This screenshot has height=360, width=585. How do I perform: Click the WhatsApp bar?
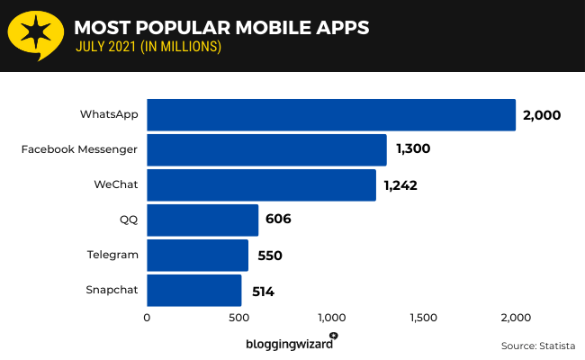tap(330, 115)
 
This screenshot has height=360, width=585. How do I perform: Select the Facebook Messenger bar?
tap(266, 150)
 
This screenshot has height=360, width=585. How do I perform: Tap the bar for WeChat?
tap(261, 185)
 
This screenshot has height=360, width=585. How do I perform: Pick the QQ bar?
tap(202, 220)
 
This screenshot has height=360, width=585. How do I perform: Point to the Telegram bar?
tap(197, 255)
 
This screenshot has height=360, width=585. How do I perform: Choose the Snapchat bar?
tap(193, 291)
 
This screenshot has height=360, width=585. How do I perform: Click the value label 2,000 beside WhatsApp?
tap(542, 115)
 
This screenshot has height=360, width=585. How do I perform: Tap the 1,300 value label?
tap(412, 150)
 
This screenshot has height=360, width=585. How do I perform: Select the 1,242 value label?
tap(400, 185)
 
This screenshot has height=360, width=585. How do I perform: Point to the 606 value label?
tap(278, 220)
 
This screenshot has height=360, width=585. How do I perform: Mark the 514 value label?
tap(264, 291)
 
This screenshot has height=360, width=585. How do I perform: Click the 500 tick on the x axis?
tap(238, 317)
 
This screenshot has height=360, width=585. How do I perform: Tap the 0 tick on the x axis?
tap(147, 317)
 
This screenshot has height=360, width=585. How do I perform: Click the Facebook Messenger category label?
tap(79, 150)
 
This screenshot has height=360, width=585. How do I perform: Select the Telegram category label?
tap(112, 255)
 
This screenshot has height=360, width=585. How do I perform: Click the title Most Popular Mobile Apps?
tap(220, 27)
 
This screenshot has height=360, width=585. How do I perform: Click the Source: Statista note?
tap(538, 345)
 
